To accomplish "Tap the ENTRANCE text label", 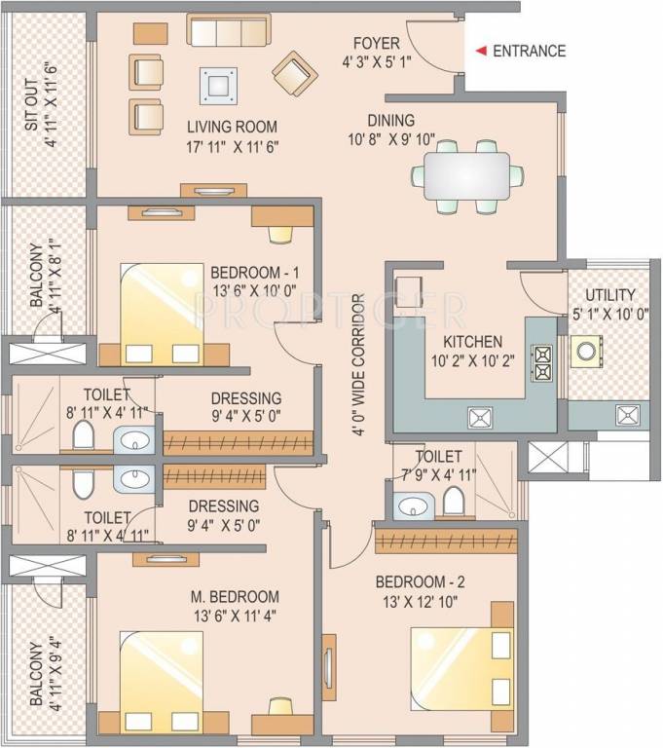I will click(x=530, y=52).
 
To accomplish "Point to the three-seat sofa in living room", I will click(x=228, y=32).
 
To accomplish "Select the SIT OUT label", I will click(x=32, y=109).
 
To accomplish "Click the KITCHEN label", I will click(x=473, y=342).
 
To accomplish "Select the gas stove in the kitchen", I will click(x=540, y=363).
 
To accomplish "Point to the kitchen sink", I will click(x=477, y=418).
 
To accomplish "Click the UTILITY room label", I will click(x=609, y=294).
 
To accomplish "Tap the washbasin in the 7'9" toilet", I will click(x=413, y=506).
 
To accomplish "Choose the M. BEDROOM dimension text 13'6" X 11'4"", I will click(x=235, y=616).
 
